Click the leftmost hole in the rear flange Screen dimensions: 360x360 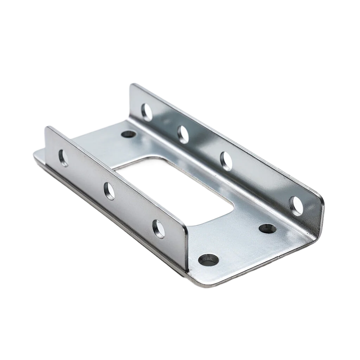[147, 112]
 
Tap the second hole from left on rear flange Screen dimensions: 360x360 [183, 134]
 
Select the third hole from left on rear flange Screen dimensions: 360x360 [226, 161]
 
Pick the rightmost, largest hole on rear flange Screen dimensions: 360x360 [296, 205]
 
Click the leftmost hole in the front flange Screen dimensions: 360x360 [64, 158]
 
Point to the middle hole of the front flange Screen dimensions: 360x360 [109, 191]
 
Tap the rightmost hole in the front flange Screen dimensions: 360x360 [158, 229]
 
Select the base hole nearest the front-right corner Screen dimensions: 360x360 [208, 260]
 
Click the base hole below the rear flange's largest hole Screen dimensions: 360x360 [268, 229]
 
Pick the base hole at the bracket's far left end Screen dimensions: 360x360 [128, 134]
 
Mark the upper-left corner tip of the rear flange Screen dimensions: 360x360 [131, 84]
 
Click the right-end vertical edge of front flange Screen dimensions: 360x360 [186, 248]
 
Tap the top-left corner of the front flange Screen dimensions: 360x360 [47, 126]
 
